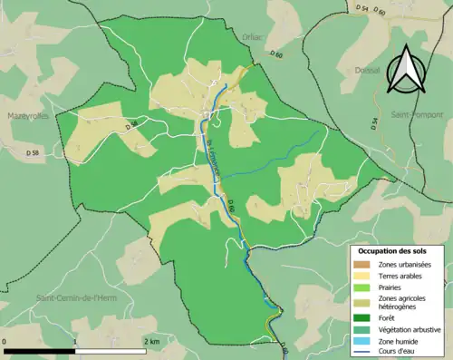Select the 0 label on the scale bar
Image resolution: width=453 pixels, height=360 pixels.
(x=5, y=340)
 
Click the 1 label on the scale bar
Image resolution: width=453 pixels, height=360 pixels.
(x=75, y=340)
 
